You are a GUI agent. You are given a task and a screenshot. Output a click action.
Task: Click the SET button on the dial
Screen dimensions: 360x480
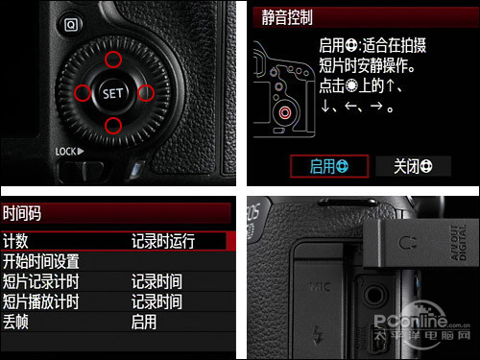[112, 93]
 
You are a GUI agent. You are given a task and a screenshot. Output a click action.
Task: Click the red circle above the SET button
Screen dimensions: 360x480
[112, 60]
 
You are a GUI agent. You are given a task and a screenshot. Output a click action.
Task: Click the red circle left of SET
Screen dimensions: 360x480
[80, 93]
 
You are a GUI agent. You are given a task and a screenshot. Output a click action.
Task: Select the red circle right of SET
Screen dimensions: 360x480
[146, 93]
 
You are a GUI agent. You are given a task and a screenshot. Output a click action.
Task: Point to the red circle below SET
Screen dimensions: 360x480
[112, 125]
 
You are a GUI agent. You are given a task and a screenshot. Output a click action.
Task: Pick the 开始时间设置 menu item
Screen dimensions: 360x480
[40, 261]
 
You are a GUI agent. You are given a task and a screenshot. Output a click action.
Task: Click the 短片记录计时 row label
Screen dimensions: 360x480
[40, 281]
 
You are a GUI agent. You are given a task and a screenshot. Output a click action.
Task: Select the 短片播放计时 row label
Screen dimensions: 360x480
[40, 301]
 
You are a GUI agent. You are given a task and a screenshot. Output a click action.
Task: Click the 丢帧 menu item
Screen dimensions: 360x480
[15, 322]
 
